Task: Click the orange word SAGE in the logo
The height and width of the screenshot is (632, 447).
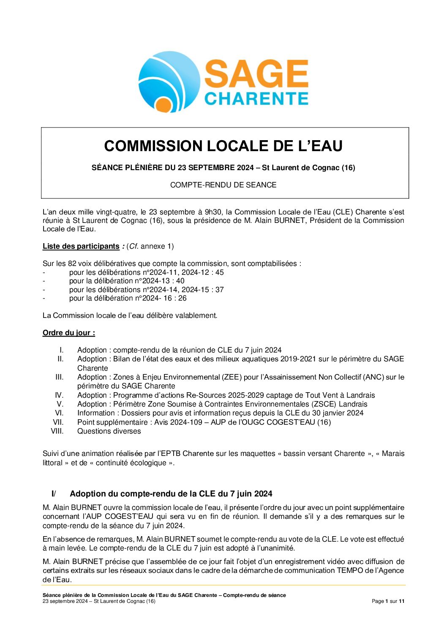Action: (x=256, y=74)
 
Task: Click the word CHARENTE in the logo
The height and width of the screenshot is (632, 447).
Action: (x=256, y=98)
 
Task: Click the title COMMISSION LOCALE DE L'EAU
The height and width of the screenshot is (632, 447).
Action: (x=223, y=146)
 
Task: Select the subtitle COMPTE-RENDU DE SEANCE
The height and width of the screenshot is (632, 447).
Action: (x=223, y=185)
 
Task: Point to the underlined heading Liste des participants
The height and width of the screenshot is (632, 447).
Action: (x=81, y=246)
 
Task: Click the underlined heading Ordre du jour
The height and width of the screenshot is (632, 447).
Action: (x=68, y=333)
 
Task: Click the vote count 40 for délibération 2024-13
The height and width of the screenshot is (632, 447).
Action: (x=180, y=281)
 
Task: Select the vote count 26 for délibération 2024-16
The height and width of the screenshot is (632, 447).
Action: (x=182, y=298)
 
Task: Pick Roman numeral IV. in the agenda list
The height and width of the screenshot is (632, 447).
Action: (x=59, y=395)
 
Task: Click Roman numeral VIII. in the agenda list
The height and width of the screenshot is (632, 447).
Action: (x=57, y=431)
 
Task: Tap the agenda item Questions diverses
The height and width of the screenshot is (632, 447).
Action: (x=109, y=431)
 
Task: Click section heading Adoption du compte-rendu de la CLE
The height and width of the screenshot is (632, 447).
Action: (x=171, y=494)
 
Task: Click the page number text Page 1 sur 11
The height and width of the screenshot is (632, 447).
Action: (x=388, y=601)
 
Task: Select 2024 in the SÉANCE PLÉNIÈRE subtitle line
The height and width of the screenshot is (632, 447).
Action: (x=245, y=168)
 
